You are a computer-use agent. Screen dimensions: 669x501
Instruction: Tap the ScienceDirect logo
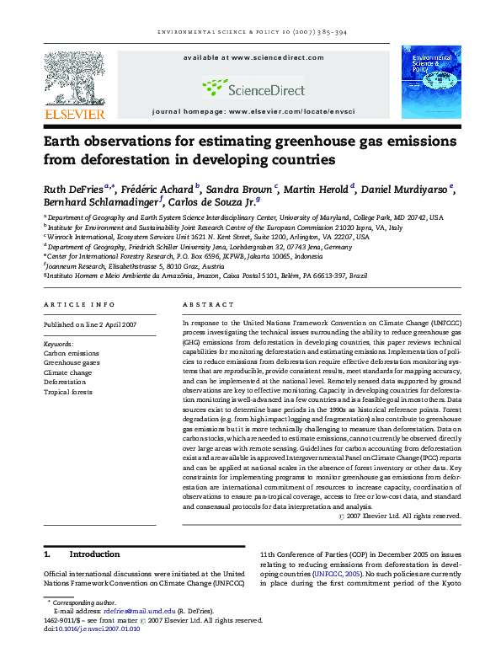[252, 86]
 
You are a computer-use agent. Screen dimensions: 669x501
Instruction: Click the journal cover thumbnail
[430, 83]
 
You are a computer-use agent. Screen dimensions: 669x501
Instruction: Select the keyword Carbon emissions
[67, 353]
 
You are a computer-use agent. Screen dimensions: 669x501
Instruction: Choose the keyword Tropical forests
[67, 392]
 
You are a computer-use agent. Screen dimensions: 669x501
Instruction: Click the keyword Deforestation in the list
[65, 382]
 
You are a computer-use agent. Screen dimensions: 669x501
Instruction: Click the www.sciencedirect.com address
[277, 57]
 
